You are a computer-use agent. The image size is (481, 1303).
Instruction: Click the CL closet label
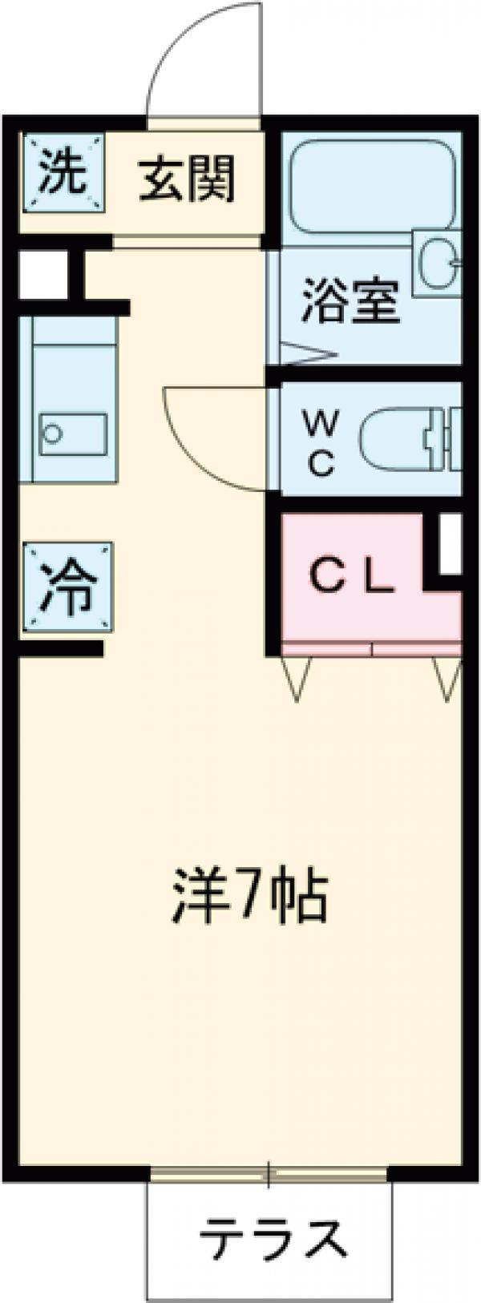tap(351, 577)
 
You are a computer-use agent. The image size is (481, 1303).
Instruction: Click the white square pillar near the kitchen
tap(42, 275)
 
